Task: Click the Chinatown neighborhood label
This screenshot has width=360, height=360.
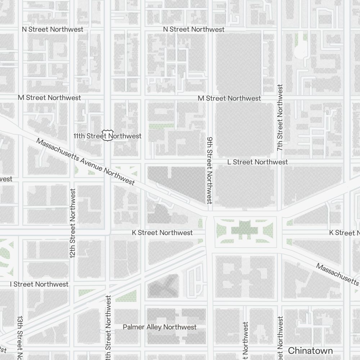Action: point(310,350)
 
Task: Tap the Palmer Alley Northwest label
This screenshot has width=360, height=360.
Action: point(159,327)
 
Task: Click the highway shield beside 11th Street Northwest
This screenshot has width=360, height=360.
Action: point(107,135)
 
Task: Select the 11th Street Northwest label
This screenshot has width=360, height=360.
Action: point(107,136)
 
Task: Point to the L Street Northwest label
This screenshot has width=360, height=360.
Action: point(257,162)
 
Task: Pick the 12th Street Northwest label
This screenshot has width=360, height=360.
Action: point(73,223)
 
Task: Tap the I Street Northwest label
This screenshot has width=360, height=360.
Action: point(39,284)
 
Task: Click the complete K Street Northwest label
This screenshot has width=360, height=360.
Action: point(162,233)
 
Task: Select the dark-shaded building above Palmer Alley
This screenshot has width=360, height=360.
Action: point(163,286)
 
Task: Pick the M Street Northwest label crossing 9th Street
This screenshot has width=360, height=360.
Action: point(229,98)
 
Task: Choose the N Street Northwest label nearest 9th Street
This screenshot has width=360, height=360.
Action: point(194,29)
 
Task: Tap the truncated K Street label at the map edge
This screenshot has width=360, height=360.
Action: point(344,233)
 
